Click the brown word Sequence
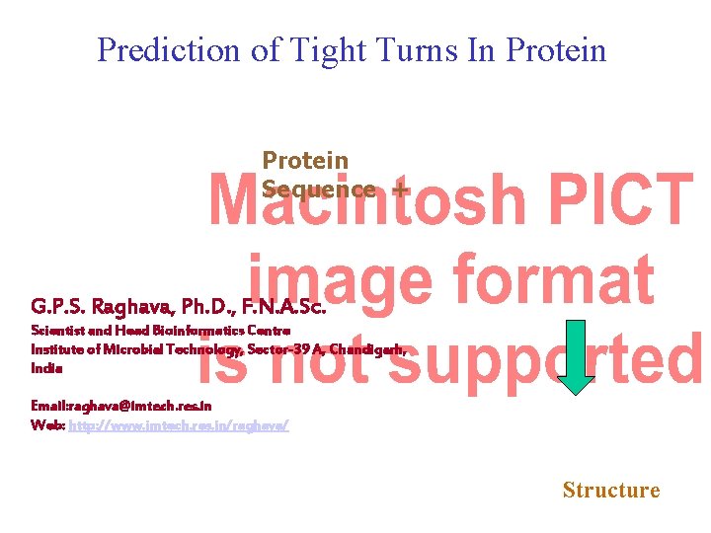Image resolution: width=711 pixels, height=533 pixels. [318, 189]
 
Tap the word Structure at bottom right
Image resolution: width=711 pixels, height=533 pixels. [610, 490]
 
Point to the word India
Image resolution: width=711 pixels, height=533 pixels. [46, 368]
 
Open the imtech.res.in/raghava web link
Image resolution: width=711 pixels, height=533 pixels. [178, 424]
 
